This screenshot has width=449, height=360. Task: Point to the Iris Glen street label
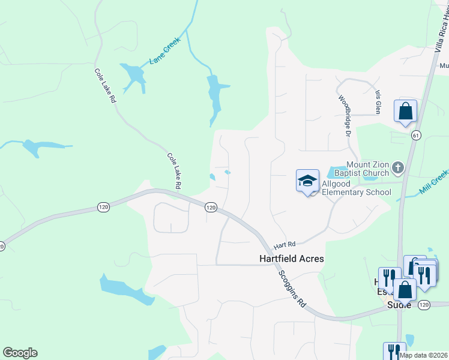[x=378, y=103]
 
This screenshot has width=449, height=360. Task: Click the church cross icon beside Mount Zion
[x=397, y=166]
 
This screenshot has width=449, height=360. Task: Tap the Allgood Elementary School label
[x=356, y=187]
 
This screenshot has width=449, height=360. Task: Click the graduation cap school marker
[x=307, y=180]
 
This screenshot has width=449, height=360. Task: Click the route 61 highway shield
[x=415, y=136]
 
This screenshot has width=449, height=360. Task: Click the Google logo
[x=20, y=353]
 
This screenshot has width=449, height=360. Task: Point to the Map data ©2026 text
[x=423, y=355]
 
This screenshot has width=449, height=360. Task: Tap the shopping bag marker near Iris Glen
[x=405, y=111]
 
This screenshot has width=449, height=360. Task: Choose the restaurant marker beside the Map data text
[x=394, y=351]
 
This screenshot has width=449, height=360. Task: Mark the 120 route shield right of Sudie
[x=425, y=305]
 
